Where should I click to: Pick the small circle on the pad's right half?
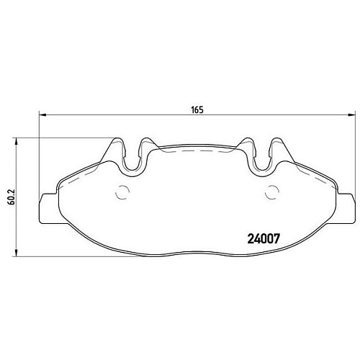tap(271, 192)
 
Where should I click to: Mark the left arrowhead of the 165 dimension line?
tap(41, 115)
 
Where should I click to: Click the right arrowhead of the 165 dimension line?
tap(351, 115)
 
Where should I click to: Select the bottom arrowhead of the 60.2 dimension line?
tap(17, 254)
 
